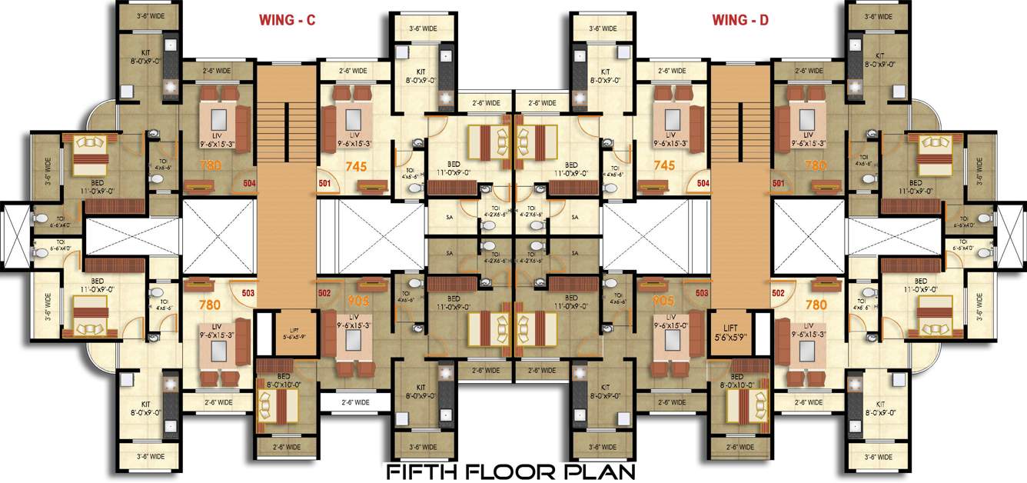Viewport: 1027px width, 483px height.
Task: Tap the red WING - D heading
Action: click(740, 22)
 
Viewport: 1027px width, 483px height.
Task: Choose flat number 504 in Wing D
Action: click(703, 184)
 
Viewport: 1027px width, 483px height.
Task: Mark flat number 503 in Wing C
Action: click(248, 293)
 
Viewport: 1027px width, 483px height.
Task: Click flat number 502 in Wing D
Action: click(778, 293)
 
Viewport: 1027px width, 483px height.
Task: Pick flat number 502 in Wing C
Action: click(324, 293)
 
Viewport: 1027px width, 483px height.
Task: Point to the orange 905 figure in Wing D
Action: click(664, 301)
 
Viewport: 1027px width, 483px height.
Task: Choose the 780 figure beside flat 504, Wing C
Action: click(210, 164)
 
